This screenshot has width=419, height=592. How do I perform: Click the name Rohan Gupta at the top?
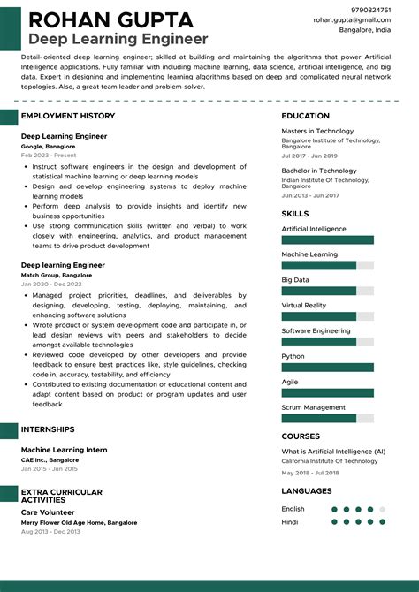(x=110, y=19)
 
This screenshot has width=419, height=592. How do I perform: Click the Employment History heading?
(x=68, y=116)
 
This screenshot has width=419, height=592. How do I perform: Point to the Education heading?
(x=307, y=116)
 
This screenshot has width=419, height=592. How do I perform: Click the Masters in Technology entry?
(x=317, y=132)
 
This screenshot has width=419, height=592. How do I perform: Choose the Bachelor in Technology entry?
(x=319, y=171)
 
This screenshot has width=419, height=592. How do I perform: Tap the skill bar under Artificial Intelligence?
(x=327, y=239)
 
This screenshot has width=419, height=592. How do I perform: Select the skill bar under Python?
(x=327, y=367)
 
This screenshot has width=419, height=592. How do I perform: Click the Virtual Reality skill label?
(x=304, y=306)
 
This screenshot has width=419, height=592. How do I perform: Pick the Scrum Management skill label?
(x=313, y=407)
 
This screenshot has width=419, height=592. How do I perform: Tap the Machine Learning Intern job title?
(x=65, y=450)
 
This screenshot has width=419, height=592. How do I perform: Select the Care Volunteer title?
(x=48, y=512)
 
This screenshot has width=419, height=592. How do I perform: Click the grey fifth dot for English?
(x=382, y=509)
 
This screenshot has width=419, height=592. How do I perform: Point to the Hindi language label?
(x=291, y=521)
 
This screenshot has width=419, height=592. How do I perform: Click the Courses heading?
(x=301, y=436)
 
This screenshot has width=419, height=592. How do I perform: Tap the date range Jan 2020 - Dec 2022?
(x=51, y=284)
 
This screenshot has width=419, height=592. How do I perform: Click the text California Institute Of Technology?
(x=330, y=461)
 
